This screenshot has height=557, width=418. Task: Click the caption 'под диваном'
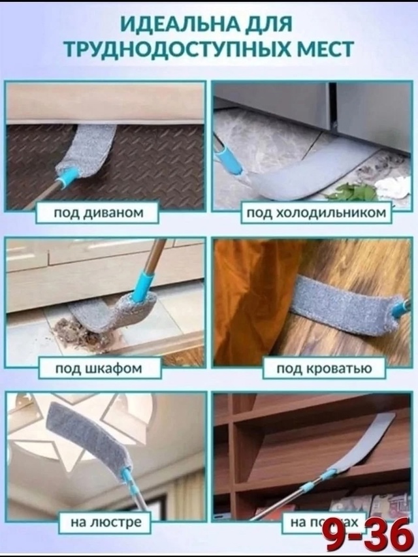click(x=108, y=212)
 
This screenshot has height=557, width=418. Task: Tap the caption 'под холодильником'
click(x=316, y=212)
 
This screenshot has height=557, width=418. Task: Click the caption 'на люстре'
click(x=101, y=522)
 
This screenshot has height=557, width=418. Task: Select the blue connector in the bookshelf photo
click(x=330, y=473)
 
